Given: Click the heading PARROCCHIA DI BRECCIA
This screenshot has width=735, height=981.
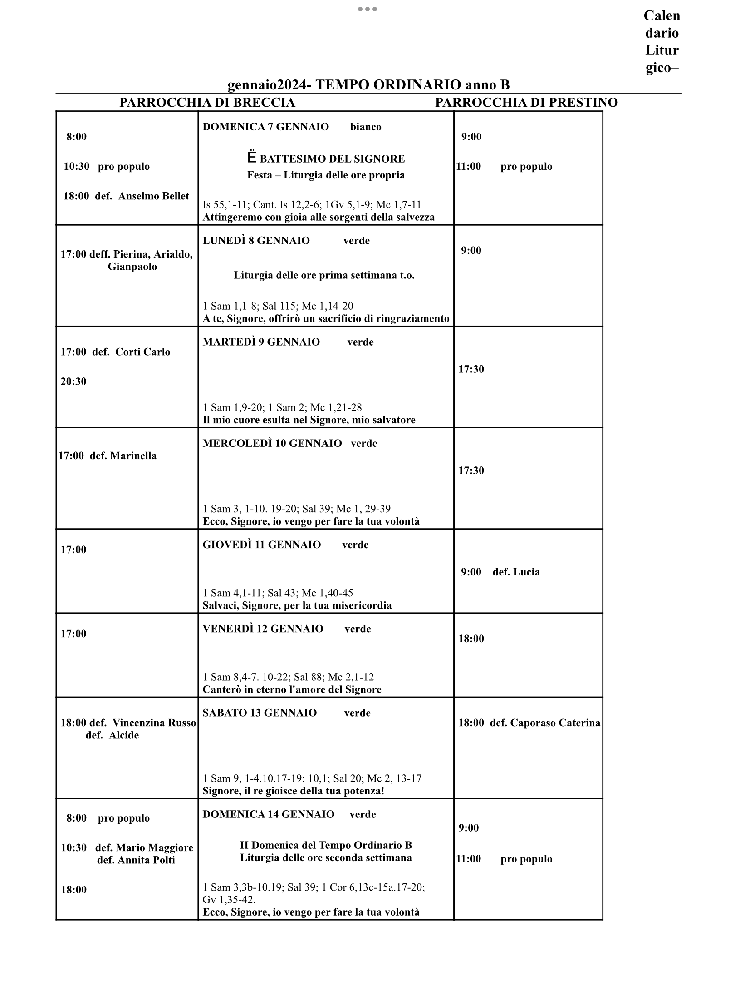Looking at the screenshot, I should (x=207, y=103).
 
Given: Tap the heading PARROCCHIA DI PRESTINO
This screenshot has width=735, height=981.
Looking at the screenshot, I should (x=526, y=103).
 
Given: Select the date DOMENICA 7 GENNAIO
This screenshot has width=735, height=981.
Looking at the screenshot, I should (x=265, y=127).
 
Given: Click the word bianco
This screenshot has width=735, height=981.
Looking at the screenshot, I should (x=366, y=127).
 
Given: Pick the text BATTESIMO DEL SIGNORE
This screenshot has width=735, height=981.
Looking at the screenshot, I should (x=332, y=159).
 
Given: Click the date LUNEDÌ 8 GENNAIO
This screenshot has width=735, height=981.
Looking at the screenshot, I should (x=256, y=241).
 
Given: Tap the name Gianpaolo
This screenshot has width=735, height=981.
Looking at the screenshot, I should (x=132, y=267).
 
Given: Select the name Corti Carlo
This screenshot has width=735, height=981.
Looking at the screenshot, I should (x=142, y=352).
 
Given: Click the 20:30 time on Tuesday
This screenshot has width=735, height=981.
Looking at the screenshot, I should (x=73, y=381).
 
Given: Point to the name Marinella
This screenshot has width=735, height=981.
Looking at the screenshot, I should (x=133, y=456).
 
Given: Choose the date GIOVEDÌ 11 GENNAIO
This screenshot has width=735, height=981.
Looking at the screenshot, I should (x=261, y=545).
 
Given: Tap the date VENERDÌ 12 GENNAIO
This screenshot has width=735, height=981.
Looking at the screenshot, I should (x=263, y=629).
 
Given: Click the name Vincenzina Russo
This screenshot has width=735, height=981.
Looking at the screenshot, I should (x=154, y=723).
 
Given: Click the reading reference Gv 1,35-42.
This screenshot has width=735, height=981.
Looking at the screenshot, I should (x=229, y=900).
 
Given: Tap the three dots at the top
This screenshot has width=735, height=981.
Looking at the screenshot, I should (x=367, y=9).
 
